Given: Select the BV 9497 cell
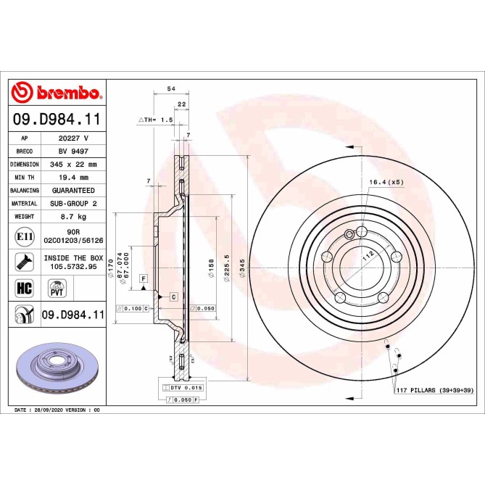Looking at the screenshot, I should click(x=73, y=151).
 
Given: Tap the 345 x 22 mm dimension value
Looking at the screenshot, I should click(x=73, y=165).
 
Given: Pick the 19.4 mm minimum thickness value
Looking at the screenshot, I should click(x=73, y=178).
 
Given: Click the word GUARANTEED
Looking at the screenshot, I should click(x=73, y=191).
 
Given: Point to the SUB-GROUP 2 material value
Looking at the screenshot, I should click(x=73, y=204).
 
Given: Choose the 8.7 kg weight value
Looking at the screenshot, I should click(x=73, y=217).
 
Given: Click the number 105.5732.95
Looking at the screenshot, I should click(x=73, y=266).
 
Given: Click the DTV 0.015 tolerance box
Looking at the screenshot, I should click(x=181, y=388).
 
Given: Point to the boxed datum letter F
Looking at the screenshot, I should click(x=144, y=278).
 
